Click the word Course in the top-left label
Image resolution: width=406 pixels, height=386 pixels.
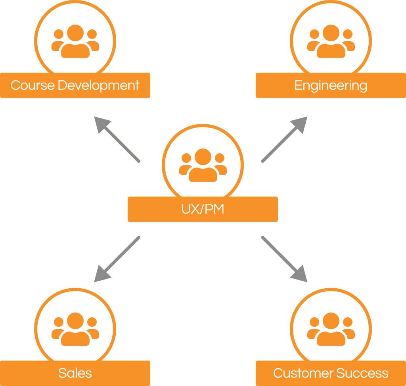tap(33, 85)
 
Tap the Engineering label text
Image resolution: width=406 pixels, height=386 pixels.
tap(331, 86)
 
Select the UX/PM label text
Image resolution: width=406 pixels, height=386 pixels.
tap(203, 209)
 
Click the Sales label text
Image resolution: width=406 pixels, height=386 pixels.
tap(75, 373)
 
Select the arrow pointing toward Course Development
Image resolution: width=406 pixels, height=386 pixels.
tap(117, 139)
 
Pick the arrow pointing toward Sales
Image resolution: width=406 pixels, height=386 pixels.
tap(117, 259)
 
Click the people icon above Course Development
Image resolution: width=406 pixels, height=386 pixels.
tap(75, 41)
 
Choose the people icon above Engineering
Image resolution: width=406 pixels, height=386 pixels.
tap(331, 41)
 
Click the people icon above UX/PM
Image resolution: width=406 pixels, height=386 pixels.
tap(203, 165)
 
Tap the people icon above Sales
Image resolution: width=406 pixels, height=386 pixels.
tap(75, 329)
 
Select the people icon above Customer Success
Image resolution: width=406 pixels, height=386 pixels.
tap(331, 329)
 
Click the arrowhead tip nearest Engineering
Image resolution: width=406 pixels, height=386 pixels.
tap(306, 118)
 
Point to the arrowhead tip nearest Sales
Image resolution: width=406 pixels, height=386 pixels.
tap(95, 281)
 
